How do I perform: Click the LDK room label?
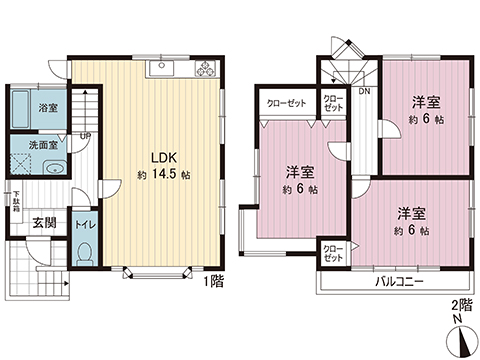pyautogui.click(x=164, y=157)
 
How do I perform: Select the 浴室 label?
pyautogui.click(x=47, y=106)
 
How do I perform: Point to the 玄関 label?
pyautogui.click(x=43, y=223)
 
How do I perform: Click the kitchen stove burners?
pyautogui.click(x=206, y=69)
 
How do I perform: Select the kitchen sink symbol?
pyautogui.click(x=159, y=69)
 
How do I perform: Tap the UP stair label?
pyautogui.click(x=87, y=136)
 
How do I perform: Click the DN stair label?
pyautogui.click(x=364, y=93)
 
